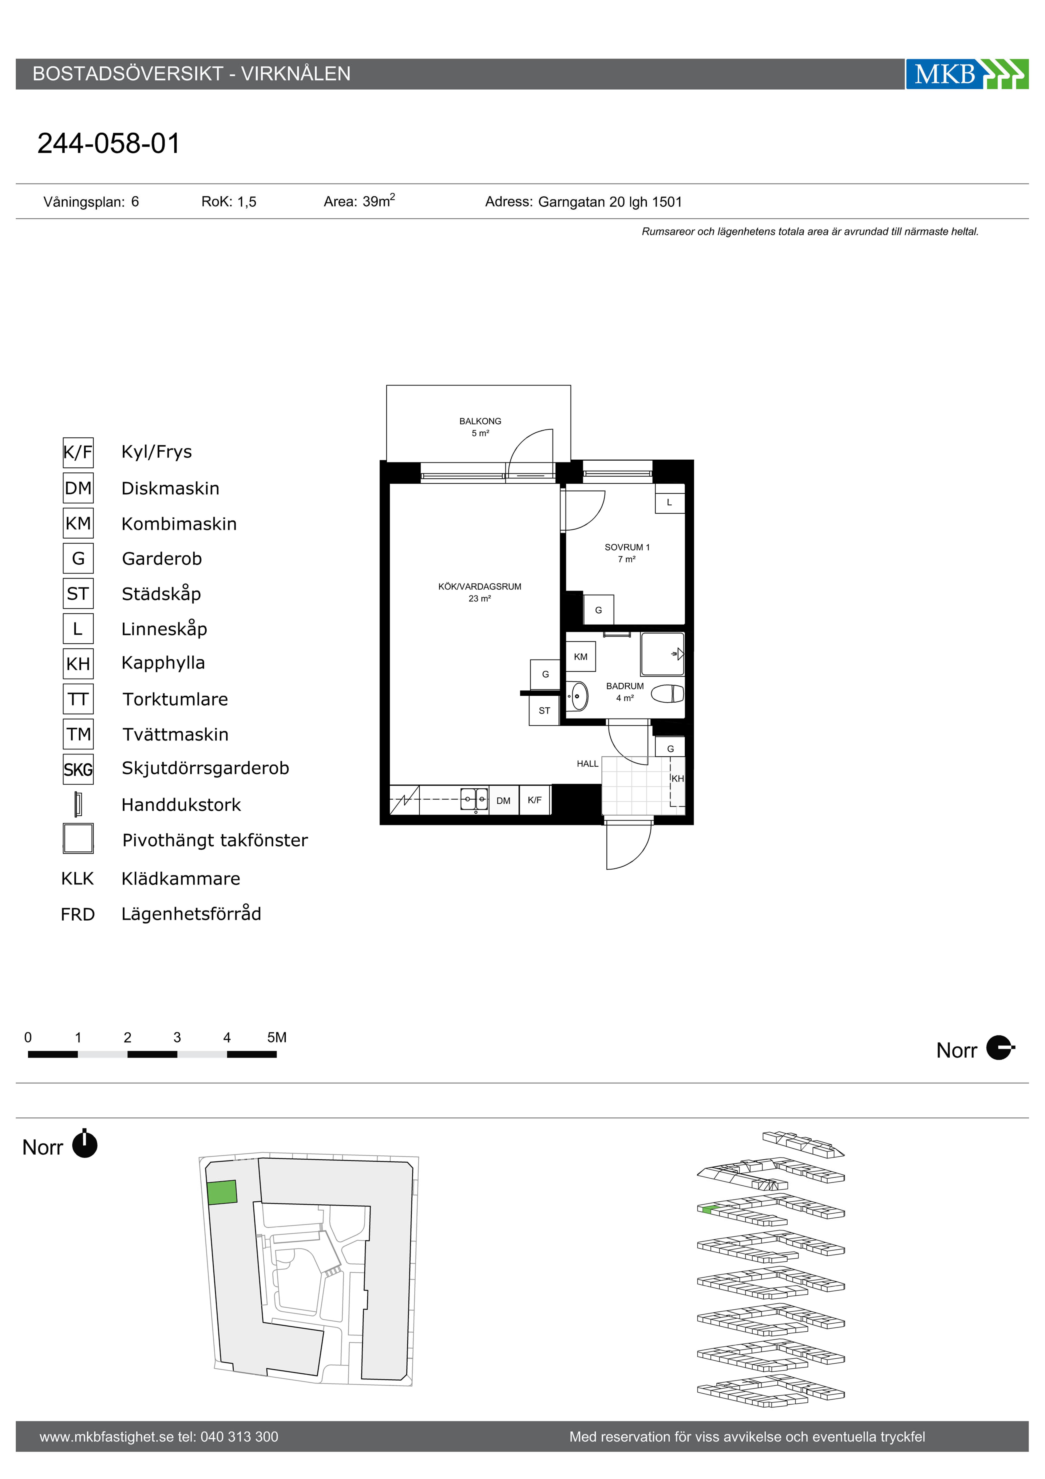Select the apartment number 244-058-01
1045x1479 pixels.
(x=109, y=143)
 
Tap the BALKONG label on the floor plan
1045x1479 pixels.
(x=480, y=421)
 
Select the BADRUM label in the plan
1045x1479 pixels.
(x=625, y=686)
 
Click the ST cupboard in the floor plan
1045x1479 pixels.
(x=544, y=710)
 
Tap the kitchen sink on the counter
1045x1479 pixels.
(x=474, y=799)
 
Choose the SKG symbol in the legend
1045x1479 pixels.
(x=78, y=769)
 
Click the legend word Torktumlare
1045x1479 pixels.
(x=175, y=699)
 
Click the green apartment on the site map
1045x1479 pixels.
(x=222, y=1192)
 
